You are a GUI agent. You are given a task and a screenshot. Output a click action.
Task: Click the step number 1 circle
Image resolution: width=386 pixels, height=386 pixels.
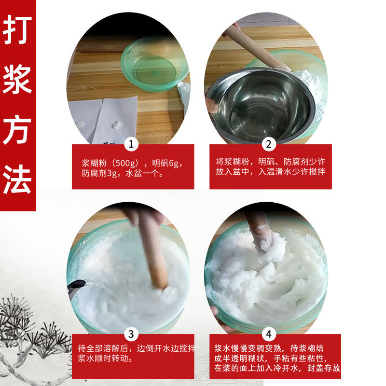(131, 144)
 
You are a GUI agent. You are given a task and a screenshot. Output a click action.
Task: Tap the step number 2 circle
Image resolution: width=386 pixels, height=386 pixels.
(269, 144)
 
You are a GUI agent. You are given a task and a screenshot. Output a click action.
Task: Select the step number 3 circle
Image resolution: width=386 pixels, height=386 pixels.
(131, 334)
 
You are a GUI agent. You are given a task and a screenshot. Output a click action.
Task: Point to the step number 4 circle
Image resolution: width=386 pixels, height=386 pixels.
(269, 334)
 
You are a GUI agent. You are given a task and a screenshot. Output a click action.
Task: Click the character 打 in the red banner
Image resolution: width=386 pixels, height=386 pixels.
(17, 29)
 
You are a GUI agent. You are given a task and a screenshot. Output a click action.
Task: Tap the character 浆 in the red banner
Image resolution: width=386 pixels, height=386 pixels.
(17, 79)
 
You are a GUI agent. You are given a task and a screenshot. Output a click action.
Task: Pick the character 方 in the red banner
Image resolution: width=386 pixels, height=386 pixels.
(17, 129)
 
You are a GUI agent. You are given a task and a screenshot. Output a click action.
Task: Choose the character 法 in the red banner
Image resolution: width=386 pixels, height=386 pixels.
(17, 179)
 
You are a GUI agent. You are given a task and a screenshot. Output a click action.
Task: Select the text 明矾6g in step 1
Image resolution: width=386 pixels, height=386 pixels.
(166, 163)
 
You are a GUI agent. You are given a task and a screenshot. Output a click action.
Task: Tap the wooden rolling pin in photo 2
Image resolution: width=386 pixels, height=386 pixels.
(256, 47)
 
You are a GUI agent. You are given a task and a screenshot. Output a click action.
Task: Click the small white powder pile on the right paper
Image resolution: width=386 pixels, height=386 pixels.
(117, 124)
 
